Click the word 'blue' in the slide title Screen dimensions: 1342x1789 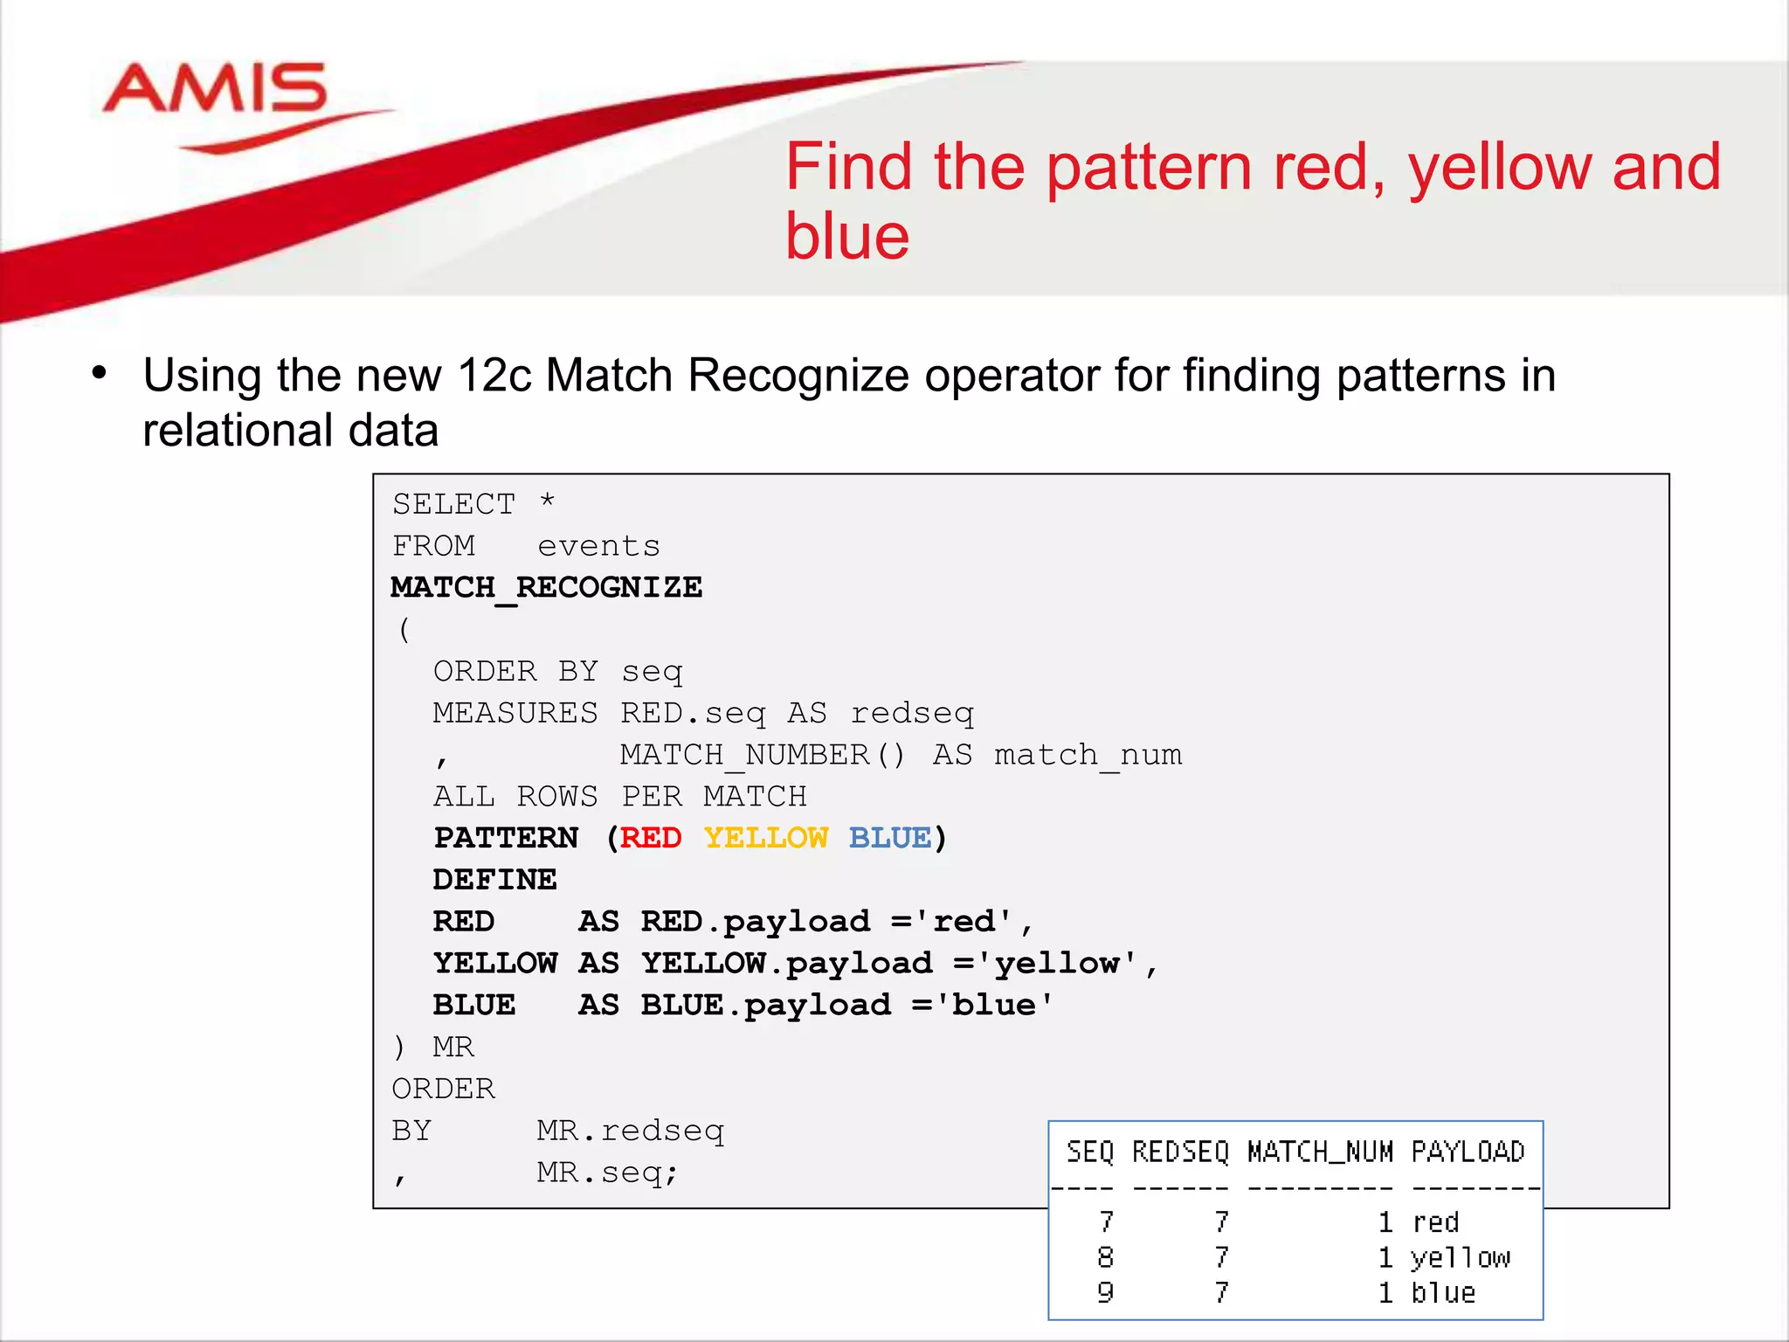click(846, 237)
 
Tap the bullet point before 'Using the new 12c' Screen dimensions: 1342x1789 click(100, 374)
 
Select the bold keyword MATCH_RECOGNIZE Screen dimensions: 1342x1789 click(546, 588)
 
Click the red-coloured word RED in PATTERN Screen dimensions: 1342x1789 click(651, 838)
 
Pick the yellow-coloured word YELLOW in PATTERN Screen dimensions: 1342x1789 click(766, 838)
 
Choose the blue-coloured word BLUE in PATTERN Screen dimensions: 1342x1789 click(890, 838)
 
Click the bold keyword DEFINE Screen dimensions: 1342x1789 click(494, 880)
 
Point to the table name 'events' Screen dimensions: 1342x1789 click(598, 546)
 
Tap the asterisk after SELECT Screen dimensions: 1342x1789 click(548, 502)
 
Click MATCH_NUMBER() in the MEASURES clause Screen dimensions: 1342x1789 click(763, 755)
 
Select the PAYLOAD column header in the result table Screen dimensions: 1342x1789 click(1468, 1152)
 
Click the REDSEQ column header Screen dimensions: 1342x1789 click(1180, 1152)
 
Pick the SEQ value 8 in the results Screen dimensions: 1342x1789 click(1105, 1257)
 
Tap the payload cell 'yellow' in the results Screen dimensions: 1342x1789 click(1460, 1258)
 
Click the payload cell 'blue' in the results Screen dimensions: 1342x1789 click(1443, 1293)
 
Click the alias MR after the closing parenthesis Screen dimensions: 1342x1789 click(453, 1047)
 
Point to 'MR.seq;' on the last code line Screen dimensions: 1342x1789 click(607, 1173)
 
